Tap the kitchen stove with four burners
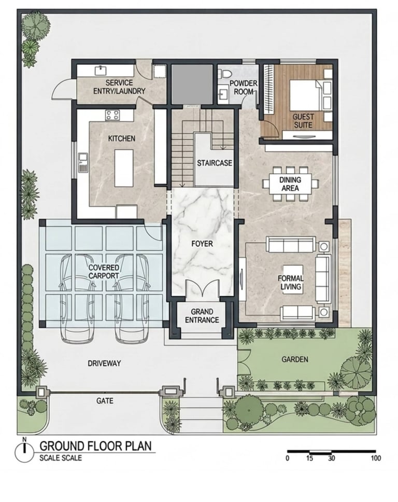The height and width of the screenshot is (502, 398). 112,115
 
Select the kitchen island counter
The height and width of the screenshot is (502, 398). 124,168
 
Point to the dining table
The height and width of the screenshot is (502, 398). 290,184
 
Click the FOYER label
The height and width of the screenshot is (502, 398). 202,244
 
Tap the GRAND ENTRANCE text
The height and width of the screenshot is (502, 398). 202,316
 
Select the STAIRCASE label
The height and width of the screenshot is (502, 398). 215,163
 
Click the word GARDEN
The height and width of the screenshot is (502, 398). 295,359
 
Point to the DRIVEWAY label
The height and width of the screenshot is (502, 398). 104,364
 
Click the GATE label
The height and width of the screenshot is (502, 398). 105,401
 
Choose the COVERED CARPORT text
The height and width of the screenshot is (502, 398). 104,272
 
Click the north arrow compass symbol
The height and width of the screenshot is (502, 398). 24,451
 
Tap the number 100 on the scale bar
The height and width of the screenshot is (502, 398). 376,458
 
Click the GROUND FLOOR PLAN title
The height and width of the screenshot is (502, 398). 95,446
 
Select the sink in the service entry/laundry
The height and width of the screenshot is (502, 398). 101,70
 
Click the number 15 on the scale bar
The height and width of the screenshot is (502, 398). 309,458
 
